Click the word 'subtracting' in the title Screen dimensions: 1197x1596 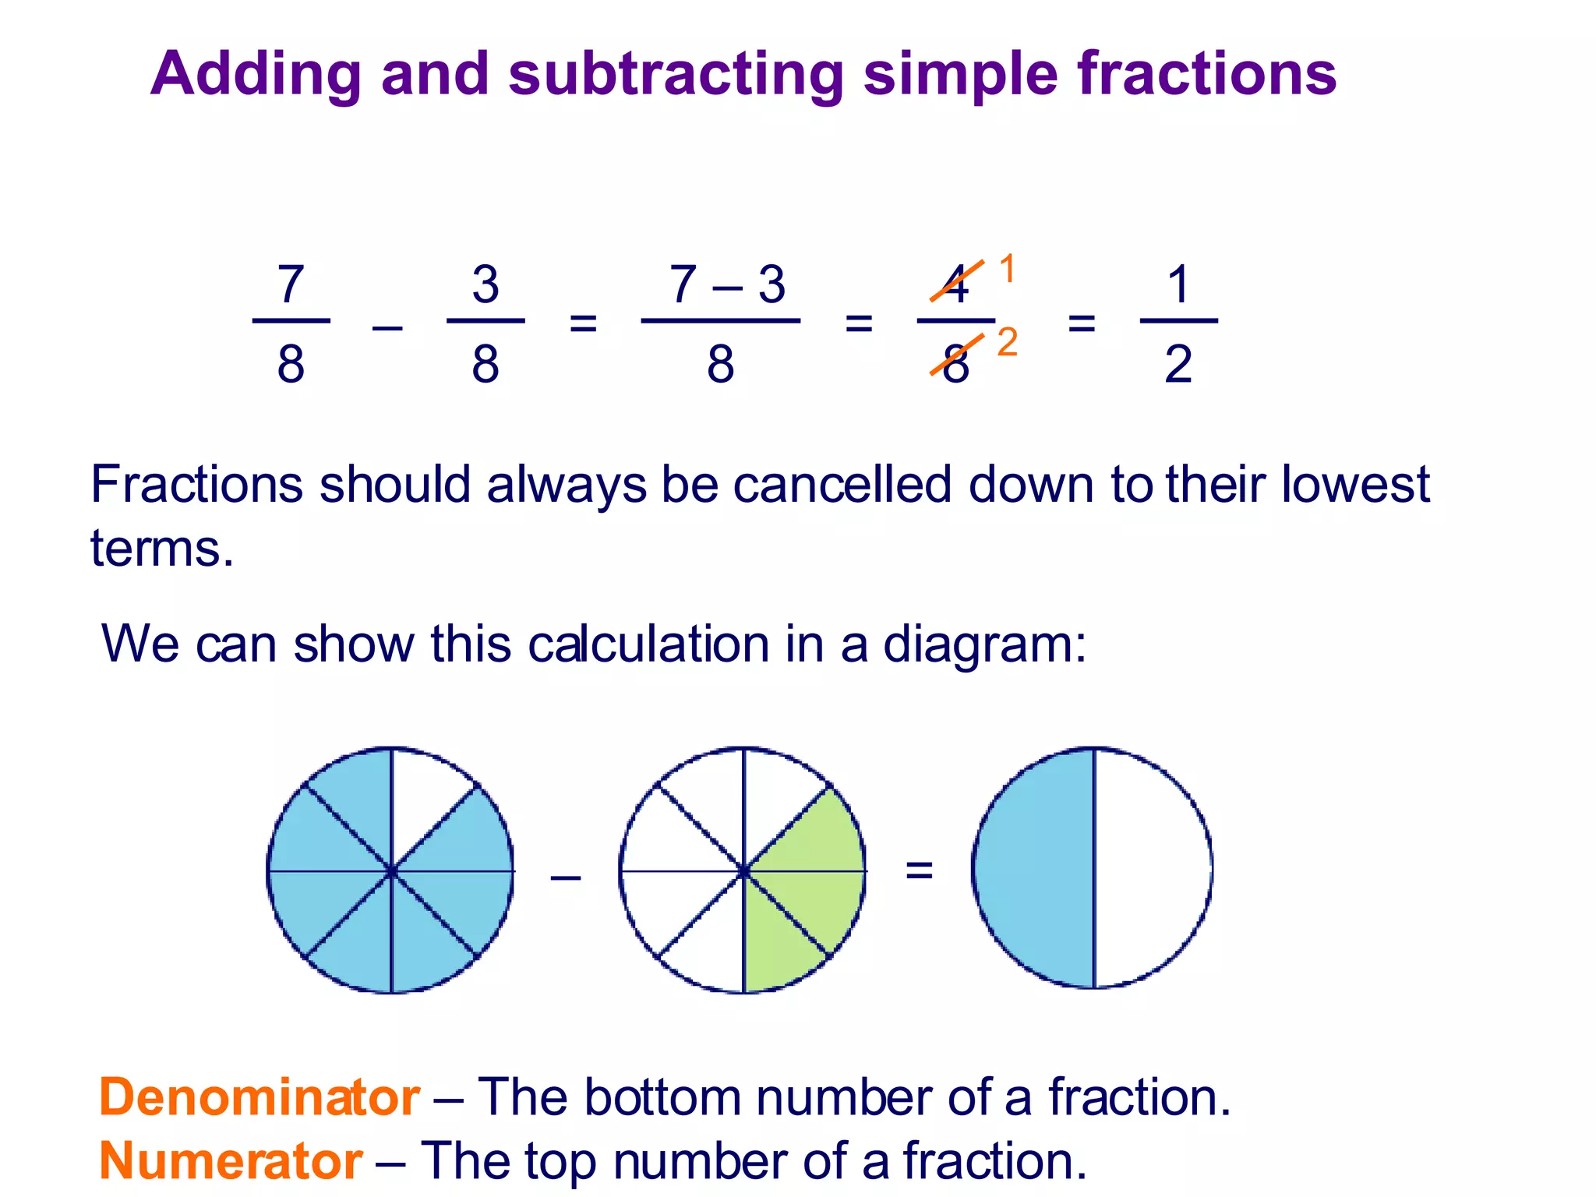pos(676,75)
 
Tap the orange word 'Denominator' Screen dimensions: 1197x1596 pos(260,1097)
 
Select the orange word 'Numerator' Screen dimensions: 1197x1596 pos(231,1161)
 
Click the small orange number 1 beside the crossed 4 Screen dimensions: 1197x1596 pos(1007,269)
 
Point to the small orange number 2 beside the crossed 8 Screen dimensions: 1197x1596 pos(1007,343)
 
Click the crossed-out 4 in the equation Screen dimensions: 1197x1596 pos(956,284)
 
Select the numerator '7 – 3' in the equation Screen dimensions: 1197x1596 pos(727,284)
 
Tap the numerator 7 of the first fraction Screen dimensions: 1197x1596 pos(291,284)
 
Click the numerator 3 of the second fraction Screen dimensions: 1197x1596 pos(486,284)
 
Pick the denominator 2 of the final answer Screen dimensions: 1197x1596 pos(1178,364)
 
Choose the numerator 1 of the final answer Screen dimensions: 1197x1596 pos(1178,284)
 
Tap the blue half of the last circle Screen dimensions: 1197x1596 pos(1033,869)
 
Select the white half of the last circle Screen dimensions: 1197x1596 pos(1153,869)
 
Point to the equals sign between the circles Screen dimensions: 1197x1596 pos(919,870)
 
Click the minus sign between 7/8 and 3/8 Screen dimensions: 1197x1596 pos(387,327)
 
